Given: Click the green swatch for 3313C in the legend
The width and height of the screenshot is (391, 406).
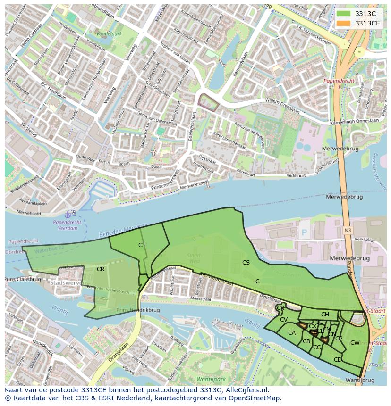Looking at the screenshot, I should (343, 14).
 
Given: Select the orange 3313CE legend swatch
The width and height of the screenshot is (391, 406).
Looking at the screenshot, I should (343, 23).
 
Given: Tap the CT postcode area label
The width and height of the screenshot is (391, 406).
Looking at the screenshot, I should (142, 245).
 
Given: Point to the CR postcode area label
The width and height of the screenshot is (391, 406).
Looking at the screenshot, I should (100, 269).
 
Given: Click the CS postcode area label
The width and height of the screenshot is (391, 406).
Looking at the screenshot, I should (246, 263).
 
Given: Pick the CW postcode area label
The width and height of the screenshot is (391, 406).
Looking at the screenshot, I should (355, 343).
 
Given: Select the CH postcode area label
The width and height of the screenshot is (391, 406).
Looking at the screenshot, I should (325, 315).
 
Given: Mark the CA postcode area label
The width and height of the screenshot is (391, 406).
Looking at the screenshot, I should (292, 333).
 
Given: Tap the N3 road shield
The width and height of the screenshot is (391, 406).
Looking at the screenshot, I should (348, 230).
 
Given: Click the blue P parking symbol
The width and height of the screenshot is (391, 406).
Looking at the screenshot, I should (304, 232).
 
